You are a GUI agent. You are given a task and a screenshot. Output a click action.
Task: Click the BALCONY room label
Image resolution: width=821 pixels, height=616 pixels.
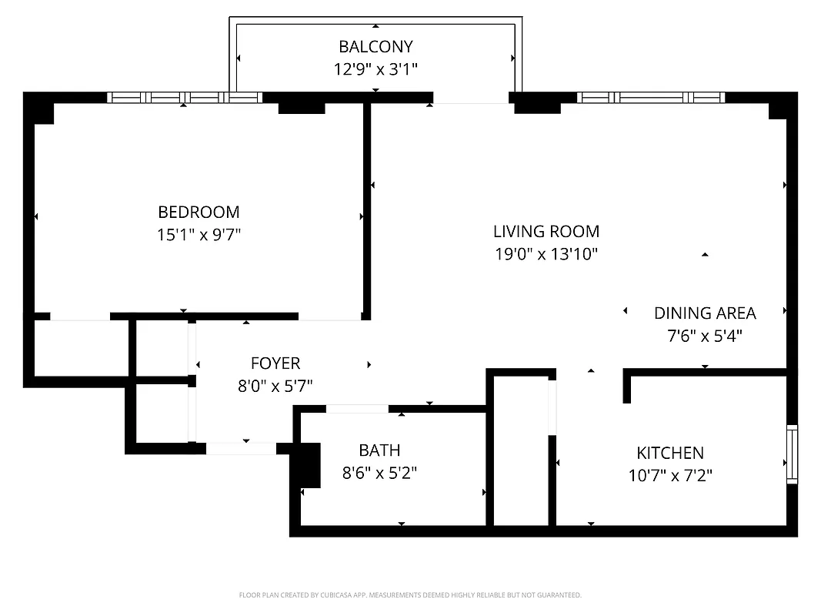pos(375,47)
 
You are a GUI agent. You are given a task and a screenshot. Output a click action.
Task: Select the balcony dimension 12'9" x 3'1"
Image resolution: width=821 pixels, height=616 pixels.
pos(375,70)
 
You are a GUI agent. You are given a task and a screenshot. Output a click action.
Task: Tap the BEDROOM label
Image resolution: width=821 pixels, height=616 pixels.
pos(199,212)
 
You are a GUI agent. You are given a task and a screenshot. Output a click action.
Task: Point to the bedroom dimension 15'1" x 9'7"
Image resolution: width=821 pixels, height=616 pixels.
pos(199,235)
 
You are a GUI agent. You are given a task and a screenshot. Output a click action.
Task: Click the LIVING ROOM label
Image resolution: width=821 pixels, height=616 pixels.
pos(546,231)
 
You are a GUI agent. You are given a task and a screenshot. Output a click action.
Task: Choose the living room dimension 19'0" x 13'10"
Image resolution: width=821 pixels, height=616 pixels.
pos(546,254)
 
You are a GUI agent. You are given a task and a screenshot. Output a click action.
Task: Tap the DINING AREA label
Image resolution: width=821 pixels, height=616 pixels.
pos(705,313)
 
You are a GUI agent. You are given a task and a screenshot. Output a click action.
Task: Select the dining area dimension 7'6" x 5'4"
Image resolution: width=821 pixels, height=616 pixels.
pos(705,336)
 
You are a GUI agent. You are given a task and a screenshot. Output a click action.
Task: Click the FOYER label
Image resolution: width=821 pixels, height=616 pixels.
pos(275,363)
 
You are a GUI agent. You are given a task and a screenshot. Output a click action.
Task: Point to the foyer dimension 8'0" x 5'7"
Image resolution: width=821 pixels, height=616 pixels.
pos(275,386)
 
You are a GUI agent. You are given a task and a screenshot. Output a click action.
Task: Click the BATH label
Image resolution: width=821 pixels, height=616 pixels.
pos(379,450)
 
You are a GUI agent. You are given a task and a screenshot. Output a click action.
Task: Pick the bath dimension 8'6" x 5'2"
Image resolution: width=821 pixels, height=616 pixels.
pos(379,473)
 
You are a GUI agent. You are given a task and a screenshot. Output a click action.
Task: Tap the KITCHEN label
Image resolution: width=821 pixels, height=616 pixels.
pos(670,453)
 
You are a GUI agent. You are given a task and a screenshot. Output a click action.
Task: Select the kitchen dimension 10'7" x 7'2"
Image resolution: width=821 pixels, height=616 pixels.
pos(670,476)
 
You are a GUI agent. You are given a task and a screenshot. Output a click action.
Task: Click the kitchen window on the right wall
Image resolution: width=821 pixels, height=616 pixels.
pos(792,454)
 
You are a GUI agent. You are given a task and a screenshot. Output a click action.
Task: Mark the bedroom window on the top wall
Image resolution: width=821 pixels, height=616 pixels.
pos(185,98)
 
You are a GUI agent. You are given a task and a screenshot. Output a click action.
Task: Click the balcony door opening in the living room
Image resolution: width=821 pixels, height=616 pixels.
pos(471,98)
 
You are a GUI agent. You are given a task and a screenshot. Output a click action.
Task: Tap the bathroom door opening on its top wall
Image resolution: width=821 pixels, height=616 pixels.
pos(357,409)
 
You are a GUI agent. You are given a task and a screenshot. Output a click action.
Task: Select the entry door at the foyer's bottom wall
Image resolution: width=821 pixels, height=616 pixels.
pos(241,448)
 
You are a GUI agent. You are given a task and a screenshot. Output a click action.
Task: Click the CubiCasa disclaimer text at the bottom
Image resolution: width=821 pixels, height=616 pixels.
pos(410,595)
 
